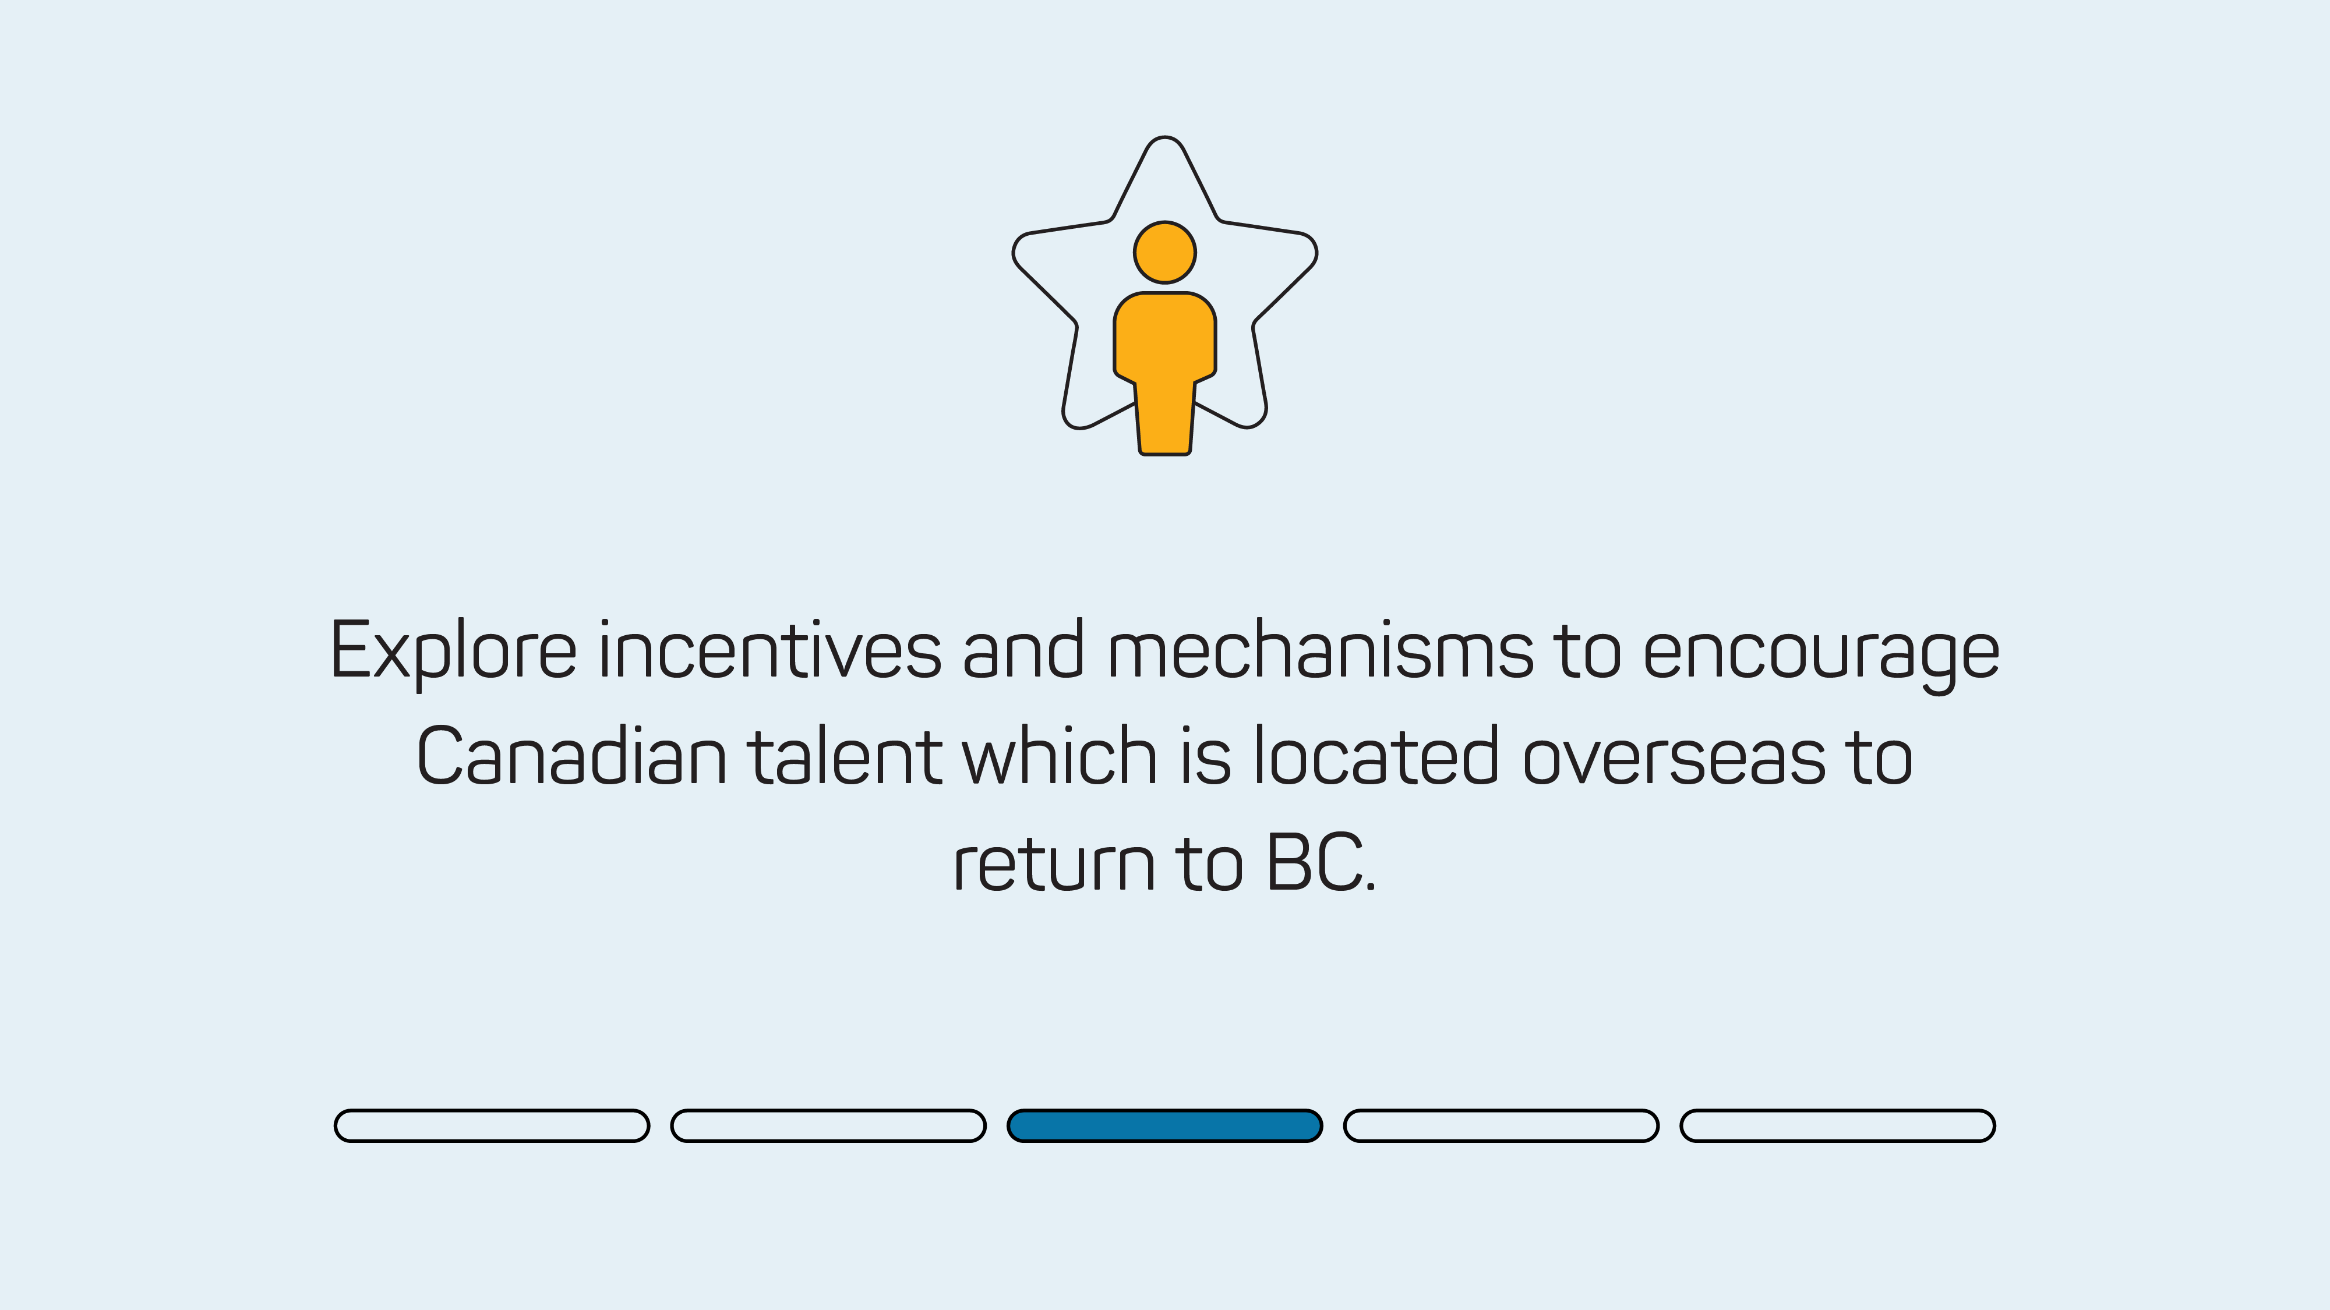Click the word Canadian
[x=571, y=755]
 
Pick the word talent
[x=844, y=755]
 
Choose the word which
[x=1059, y=755]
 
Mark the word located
[x=1376, y=755]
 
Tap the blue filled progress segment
[x=1165, y=1125]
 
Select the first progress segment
[x=492, y=1125]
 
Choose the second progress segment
[x=828, y=1125]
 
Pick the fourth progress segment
[x=1502, y=1125]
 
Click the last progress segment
[x=1838, y=1125]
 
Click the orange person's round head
[x=1165, y=252]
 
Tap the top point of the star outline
[x=1165, y=137]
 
